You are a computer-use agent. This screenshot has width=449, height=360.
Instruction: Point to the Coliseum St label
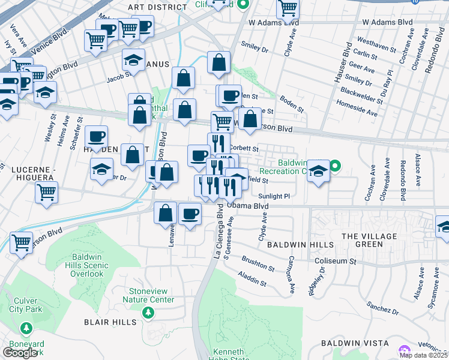click(336, 261)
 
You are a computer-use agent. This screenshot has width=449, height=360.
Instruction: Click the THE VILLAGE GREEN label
click(370, 240)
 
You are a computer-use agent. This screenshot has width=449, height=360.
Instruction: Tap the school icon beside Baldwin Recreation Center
click(318, 170)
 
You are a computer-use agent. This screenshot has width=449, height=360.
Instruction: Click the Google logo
click(20, 353)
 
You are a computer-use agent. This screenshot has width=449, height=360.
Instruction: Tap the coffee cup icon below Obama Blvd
click(190, 214)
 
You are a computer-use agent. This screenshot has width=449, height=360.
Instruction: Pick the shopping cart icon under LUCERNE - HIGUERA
click(46, 193)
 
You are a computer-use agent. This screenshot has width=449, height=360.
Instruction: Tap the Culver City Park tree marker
click(25, 328)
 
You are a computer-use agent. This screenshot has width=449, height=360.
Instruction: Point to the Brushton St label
click(258, 263)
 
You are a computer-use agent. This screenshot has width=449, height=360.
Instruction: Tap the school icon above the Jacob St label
click(133, 59)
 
